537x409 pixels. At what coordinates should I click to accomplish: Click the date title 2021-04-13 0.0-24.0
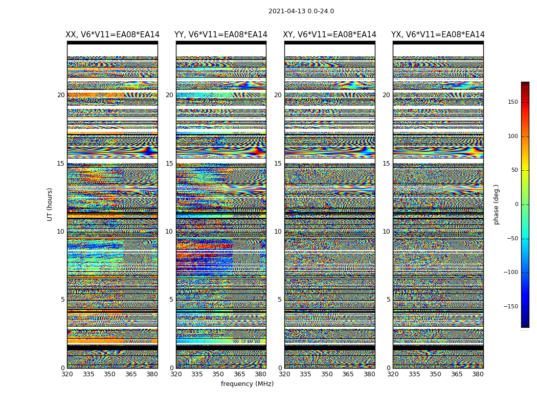click(x=301, y=11)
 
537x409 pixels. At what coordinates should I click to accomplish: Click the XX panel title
click(x=113, y=35)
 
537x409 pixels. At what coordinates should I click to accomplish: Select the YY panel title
click(x=221, y=35)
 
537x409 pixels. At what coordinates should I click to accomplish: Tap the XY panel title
click(x=330, y=35)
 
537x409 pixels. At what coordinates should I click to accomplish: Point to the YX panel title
click(x=438, y=35)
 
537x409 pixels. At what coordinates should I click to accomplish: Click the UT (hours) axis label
click(x=50, y=204)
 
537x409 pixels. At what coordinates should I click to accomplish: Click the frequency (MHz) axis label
click(x=247, y=384)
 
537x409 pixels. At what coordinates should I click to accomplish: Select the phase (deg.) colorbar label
click(x=497, y=204)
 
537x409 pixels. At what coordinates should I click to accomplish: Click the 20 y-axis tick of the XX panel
click(x=61, y=95)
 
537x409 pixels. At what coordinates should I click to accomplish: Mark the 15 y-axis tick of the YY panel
click(x=169, y=164)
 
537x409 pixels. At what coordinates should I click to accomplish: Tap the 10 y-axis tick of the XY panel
click(x=278, y=232)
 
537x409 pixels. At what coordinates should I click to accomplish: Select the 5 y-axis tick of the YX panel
click(x=388, y=300)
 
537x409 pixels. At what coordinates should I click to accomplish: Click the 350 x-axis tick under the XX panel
click(x=109, y=374)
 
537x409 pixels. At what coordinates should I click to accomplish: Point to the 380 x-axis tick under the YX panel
click(x=478, y=374)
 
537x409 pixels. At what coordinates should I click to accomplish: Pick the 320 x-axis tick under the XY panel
click(x=284, y=374)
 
